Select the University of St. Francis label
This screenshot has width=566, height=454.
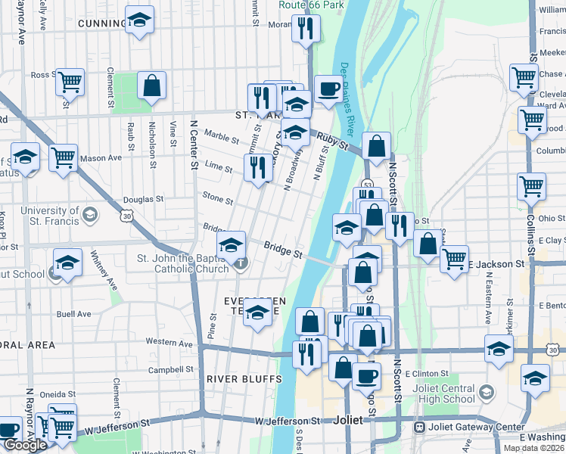pos(50,216)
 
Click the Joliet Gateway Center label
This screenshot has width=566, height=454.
pos(479,427)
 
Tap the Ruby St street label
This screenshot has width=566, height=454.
pos(332,141)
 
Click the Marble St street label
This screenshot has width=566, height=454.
pos(222,138)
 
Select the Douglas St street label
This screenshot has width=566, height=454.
pos(144,200)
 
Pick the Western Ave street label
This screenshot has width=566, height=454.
pos(169,342)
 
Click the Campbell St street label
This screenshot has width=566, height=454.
pos(166,370)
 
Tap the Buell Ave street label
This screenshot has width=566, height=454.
pos(73,314)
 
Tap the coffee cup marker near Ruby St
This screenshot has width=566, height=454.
pos(328,88)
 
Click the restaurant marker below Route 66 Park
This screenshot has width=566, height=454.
pos(306,29)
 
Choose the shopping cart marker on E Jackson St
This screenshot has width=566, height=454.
pos(454,258)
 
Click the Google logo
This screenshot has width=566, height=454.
pos(25,446)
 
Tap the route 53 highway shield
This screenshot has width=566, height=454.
pos(365,184)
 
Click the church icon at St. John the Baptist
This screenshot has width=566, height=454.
pos(241,263)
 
